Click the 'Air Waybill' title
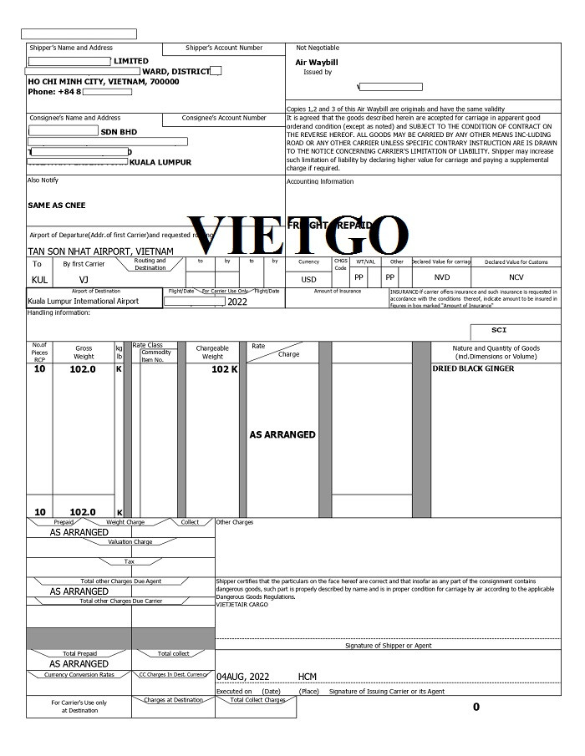pos(316,62)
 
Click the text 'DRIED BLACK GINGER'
pos(473,368)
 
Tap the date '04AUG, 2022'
pos(243,676)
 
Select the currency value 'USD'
pos(309,279)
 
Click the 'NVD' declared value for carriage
pos(441,277)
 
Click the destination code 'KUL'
pos(39,279)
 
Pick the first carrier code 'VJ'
pos(84,279)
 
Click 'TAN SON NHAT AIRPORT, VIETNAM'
pos(101,251)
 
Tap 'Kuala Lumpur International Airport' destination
pos(84,301)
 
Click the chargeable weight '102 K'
pos(224,368)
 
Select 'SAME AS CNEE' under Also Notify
pos(57,205)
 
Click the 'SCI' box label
pos(499,330)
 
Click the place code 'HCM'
pos(307,676)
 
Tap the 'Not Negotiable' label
pos(318,48)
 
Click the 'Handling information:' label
pos(58,312)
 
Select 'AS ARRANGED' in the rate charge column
pos(282,434)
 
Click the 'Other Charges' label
pos(235,522)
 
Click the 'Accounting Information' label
pos(320,181)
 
